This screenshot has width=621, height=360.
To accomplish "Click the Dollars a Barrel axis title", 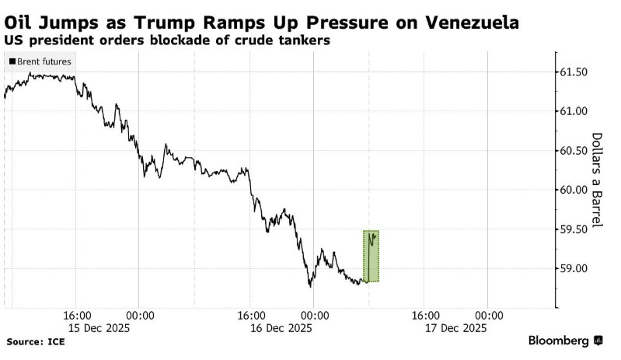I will point(598,180).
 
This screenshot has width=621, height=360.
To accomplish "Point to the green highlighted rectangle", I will point(371,257).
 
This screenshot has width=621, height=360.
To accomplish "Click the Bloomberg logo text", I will point(559,341).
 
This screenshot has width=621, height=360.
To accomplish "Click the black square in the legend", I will point(12,61).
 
